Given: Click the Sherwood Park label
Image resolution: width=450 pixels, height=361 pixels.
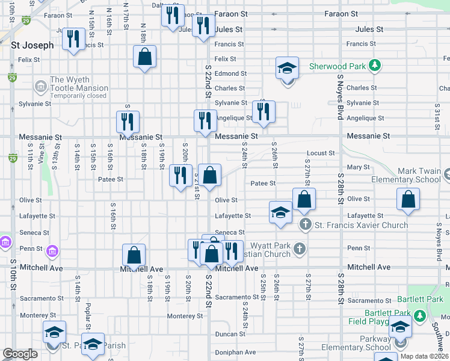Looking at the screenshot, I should (337, 66).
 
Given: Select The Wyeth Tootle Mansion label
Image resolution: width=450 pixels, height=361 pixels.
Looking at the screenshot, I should (79, 84).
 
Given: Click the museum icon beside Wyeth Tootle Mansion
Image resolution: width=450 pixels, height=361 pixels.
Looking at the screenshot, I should (41, 87).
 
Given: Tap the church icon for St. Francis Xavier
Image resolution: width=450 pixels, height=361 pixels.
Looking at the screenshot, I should (306, 225).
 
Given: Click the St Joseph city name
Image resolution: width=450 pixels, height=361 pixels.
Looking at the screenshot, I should (32, 45).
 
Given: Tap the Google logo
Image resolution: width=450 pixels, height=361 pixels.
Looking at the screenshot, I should (20, 354).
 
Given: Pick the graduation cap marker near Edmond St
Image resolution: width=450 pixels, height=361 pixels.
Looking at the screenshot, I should (288, 68).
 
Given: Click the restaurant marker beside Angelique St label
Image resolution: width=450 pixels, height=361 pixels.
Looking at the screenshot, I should (263, 111).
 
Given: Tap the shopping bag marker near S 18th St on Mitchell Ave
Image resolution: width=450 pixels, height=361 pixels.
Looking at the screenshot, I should (134, 255).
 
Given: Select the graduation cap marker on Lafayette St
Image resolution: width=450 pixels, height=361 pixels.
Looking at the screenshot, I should (280, 212).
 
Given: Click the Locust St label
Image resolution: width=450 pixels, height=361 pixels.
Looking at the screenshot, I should (320, 153).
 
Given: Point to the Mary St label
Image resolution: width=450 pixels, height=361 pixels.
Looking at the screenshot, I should (358, 167).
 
